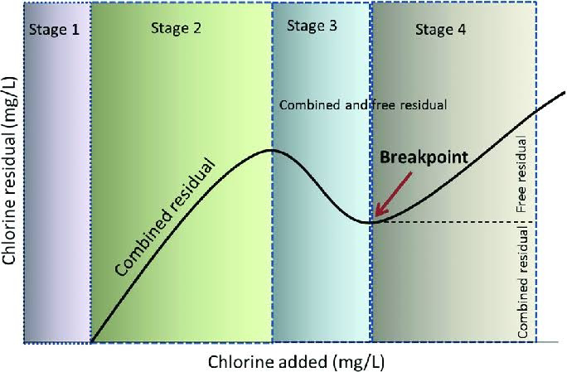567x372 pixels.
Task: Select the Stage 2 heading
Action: click(176, 28)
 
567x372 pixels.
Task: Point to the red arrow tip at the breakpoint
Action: click(374, 218)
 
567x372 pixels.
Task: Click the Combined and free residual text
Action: click(363, 105)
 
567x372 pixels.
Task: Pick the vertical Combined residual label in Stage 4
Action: click(523, 283)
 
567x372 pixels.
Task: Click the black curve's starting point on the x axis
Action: click(91, 341)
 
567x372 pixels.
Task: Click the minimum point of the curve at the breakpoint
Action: click(370, 222)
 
